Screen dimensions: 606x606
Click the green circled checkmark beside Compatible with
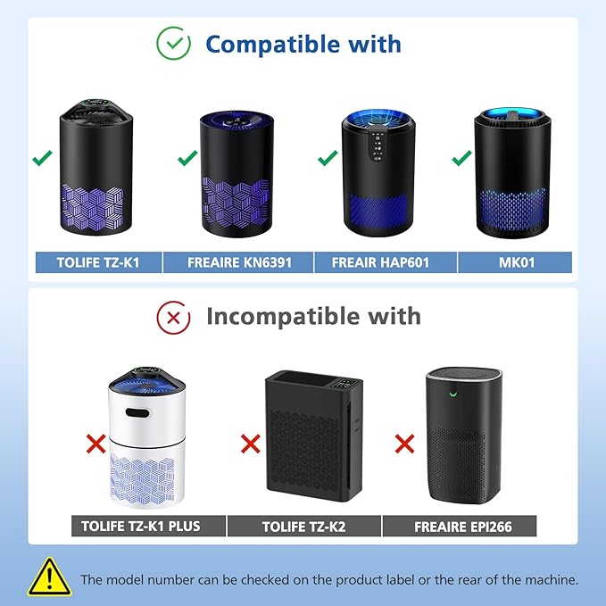[x=173, y=44]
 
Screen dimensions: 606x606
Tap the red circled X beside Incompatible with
[x=173, y=315]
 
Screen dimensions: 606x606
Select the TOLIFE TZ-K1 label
[x=97, y=262]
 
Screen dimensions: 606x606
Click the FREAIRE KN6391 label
[x=238, y=262]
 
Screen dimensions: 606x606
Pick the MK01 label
[x=515, y=262]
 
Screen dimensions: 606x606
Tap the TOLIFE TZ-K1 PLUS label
[x=147, y=526]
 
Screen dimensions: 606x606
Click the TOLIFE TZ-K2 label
[x=303, y=526]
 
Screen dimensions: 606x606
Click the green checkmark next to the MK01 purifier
[x=461, y=159]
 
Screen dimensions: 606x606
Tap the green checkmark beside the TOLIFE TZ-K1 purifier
[x=41, y=159]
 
